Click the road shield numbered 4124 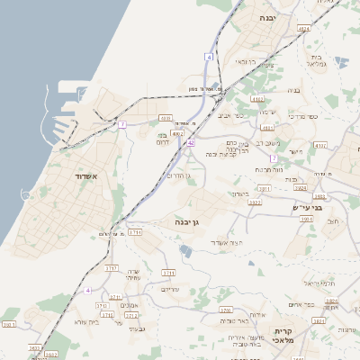click(x=303, y=29)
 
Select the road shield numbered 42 click(x=191, y=143)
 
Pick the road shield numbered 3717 click(x=112, y=268)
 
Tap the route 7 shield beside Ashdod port click(x=122, y=123)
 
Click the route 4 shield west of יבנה click(x=209, y=57)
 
